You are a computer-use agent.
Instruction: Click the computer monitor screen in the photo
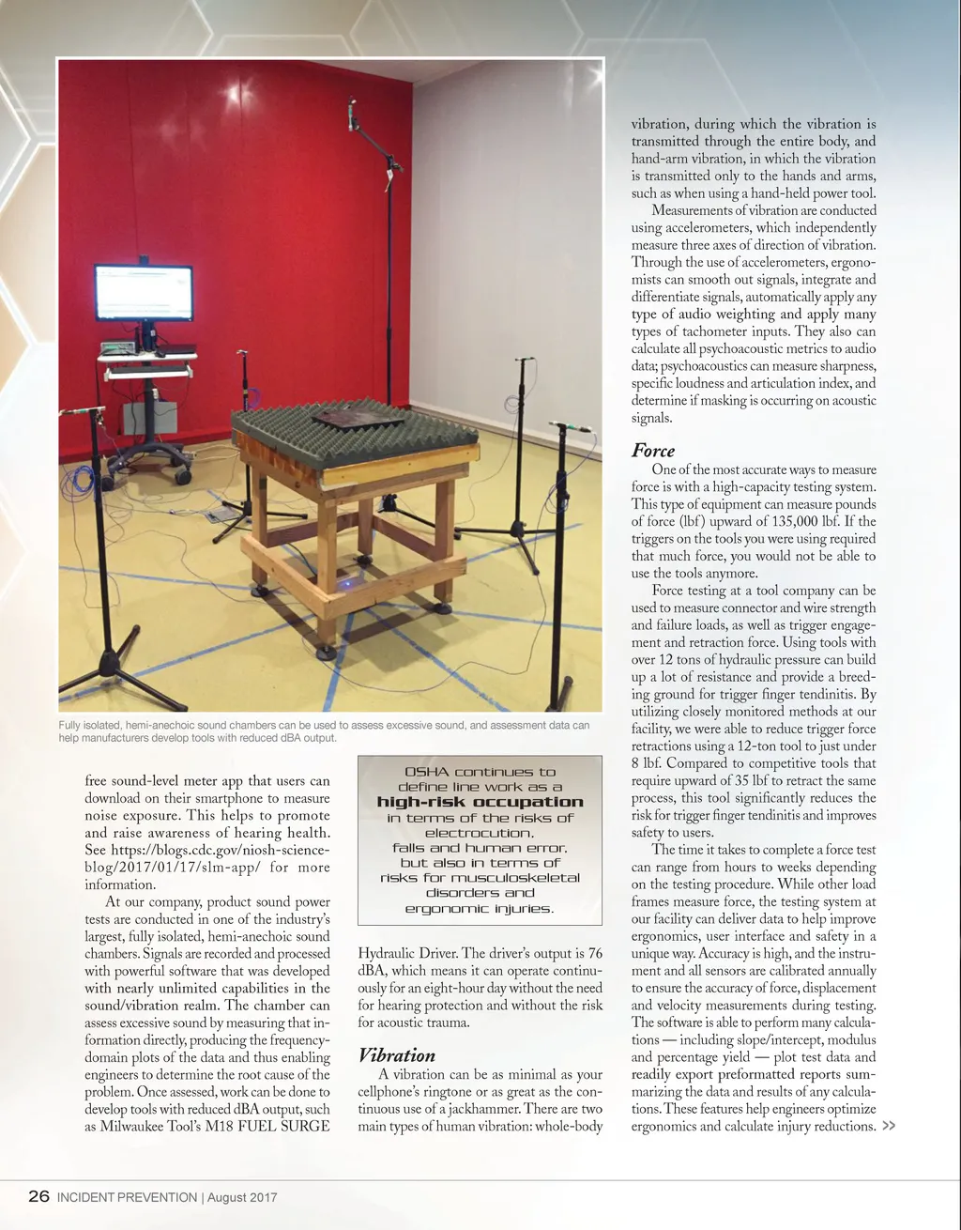pyautogui.click(x=144, y=293)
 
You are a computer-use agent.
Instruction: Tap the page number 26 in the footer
pyautogui.click(x=38, y=1196)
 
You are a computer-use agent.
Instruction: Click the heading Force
pyautogui.click(x=653, y=451)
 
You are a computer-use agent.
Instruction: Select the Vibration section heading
pyautogui.click(x=397, y=1055)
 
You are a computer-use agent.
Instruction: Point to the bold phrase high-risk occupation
pyautogui.click(x=480, y=802)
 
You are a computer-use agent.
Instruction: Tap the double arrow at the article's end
pyautogui.click(x=889, y=1126)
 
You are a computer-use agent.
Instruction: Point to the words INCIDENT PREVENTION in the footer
pyautogui.click(x=127, y=1197)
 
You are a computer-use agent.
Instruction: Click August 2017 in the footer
pyautogui.click(x=242, y=1197)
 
